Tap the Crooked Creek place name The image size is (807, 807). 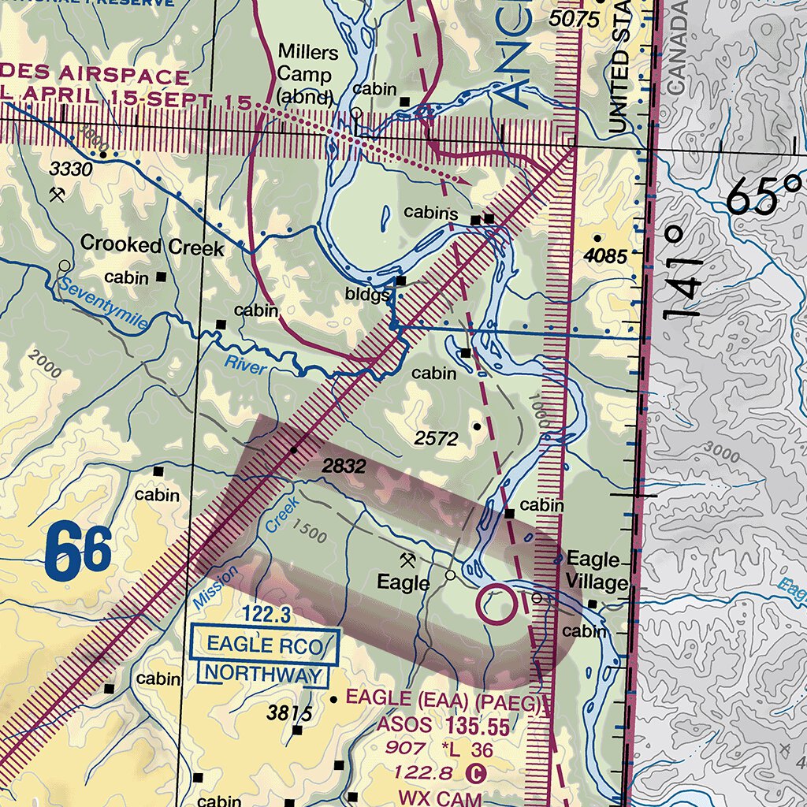coord(152,246)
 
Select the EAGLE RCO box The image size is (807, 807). coord(265,646)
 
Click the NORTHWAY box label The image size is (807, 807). coord(264,675)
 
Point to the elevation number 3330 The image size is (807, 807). coord(71,169)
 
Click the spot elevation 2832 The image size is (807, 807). coord(344,467)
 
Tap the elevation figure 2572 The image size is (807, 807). coord(436,439)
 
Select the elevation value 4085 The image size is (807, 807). coord(605,256)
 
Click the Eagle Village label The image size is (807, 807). coord(597,571)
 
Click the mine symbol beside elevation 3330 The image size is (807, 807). coord(56,193)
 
